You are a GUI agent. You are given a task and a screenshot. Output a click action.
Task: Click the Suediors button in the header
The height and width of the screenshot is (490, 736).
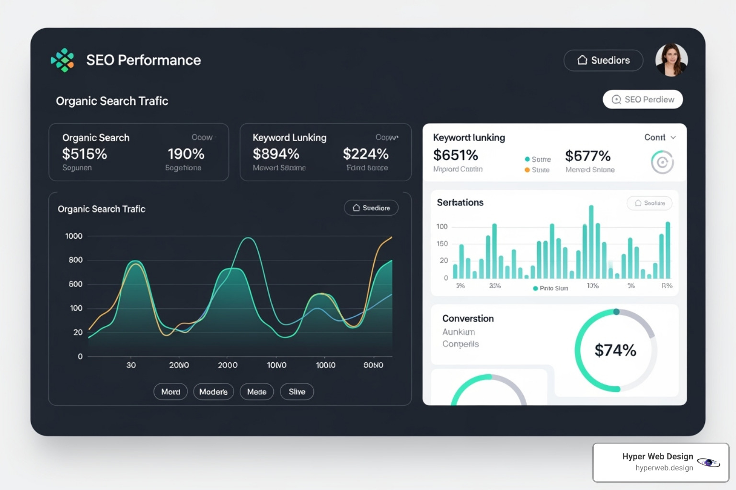tap(603, 60)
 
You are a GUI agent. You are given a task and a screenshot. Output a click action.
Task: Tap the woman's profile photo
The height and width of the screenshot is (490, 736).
tap(671, 60)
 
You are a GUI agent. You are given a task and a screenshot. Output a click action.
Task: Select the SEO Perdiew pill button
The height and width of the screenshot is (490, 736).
tap(643, 100)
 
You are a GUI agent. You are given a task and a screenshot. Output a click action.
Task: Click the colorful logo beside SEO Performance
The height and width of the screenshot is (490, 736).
tap(63, 60)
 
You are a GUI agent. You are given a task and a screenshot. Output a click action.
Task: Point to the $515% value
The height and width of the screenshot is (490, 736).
tap(84, 154)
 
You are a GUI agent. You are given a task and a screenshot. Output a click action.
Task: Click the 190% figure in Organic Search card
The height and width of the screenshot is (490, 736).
tap(186, 154)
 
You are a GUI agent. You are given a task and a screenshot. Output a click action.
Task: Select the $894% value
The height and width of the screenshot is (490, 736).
tap(276, 154)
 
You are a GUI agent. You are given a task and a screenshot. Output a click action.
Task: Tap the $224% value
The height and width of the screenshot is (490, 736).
tap(366, 154)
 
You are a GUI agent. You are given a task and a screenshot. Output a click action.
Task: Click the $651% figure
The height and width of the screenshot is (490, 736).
tap(456, 155)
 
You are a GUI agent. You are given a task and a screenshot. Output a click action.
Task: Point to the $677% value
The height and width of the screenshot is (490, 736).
tap(588, 156)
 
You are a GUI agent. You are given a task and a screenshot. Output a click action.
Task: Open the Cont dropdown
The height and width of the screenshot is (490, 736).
tap(660, 137)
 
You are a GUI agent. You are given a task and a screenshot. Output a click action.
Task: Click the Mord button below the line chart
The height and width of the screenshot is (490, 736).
tap(171, 392)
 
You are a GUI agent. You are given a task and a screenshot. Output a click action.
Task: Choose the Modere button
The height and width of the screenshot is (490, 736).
tap(213, 392)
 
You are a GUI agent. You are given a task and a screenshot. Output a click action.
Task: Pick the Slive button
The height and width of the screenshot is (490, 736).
tap(297, 392)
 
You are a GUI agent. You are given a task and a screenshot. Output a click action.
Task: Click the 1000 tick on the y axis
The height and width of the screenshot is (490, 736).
tap(74, 236)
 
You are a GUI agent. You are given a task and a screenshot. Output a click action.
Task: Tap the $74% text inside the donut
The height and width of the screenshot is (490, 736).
tap(615, 350)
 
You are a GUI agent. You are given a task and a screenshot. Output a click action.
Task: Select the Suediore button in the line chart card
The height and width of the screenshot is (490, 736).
tap(371, 208)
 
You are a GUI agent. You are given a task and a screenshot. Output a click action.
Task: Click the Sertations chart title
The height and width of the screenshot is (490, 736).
tap(460, 203)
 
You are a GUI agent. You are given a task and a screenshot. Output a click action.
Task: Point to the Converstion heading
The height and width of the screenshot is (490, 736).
tap(468, 319)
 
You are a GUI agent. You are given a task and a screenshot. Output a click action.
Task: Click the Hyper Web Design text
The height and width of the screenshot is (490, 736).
tap(657, 457)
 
